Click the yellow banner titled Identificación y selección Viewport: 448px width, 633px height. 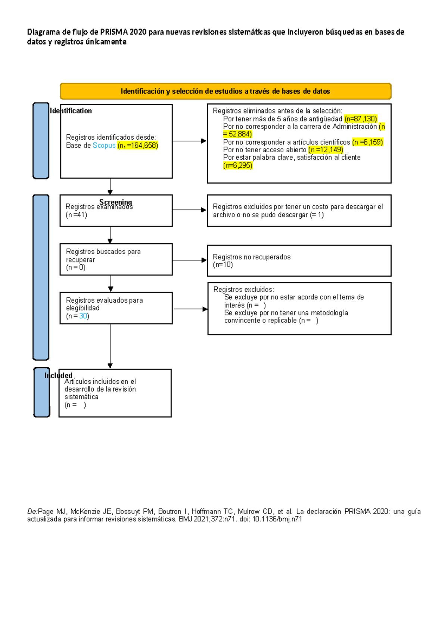[x=225, y=91]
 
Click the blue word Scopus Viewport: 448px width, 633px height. [x=104, y=146]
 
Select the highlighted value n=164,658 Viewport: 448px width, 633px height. [x=138, y=146]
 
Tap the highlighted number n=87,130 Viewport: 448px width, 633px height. [x=361, y=119]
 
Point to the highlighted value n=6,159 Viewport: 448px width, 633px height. [x=367, y=142]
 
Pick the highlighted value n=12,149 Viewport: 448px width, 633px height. [x=326, y=150]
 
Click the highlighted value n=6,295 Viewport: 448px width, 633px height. [x=238, y=165]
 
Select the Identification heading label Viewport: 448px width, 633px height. [x=71, y=111]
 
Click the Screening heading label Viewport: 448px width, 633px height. [x=116, y=202]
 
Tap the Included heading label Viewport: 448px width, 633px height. [x=59, y=375]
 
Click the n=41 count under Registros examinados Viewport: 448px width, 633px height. [x=76, y=215]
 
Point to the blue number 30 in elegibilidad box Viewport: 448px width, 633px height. [x=83, y=316]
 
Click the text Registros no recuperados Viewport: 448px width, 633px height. [x=252, y=257]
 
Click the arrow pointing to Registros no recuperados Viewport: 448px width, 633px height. [x=189, y=260]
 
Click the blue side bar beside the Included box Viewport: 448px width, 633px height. [x=41, y=392]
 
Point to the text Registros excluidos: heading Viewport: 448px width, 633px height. [x=243, y=289]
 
